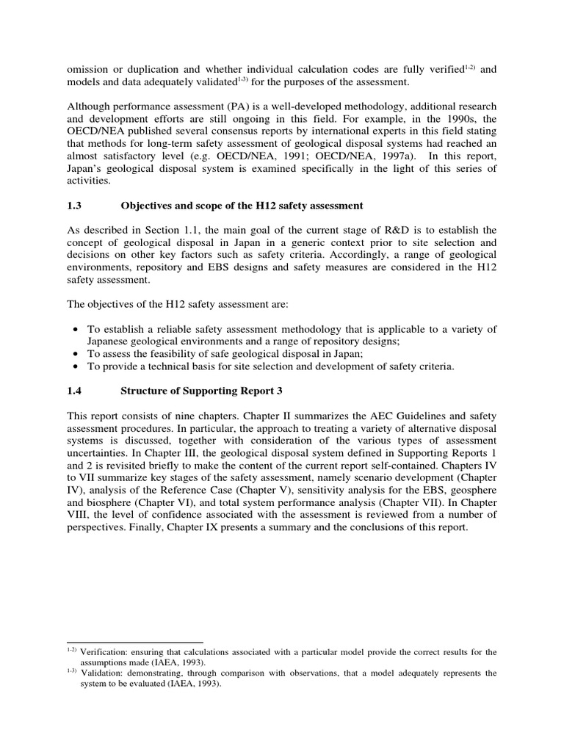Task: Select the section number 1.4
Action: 75,391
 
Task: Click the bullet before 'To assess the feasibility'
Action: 76,353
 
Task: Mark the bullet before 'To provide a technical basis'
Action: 76,366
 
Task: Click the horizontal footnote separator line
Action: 134,642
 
